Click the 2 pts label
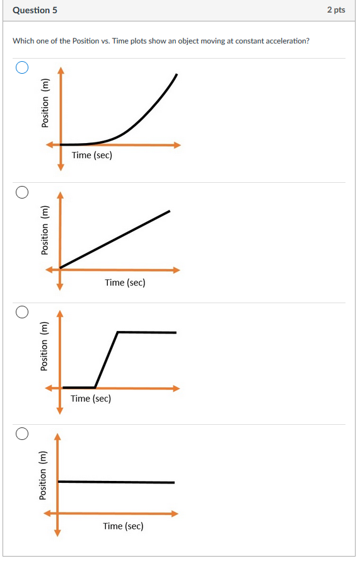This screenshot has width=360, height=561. (x=336, y=10)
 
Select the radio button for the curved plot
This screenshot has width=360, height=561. (x=22, y=68)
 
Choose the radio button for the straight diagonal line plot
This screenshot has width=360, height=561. (x=22, y=192)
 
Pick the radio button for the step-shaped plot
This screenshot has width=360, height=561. (x=22, y=312)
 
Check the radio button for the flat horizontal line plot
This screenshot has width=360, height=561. (x=22, y=433)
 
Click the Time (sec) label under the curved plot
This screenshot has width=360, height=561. (x=92, y=155)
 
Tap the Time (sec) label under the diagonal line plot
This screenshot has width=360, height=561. (x=125, y=282)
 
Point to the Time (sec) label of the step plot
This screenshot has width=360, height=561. (x=91, y=398)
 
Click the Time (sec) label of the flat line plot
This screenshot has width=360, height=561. (x=123, y=526)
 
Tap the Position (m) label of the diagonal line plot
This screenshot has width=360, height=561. (x=45, y=230)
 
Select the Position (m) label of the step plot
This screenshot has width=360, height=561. (x=45, y=346)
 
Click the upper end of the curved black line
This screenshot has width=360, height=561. (x=177, y=74)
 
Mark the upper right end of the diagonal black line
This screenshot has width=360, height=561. (x=170, y=211)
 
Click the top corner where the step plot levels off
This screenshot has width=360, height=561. (x=118, y=332)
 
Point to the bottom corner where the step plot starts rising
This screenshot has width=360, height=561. (x=95, y=387)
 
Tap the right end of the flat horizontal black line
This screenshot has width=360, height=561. (x=174, y=482)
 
